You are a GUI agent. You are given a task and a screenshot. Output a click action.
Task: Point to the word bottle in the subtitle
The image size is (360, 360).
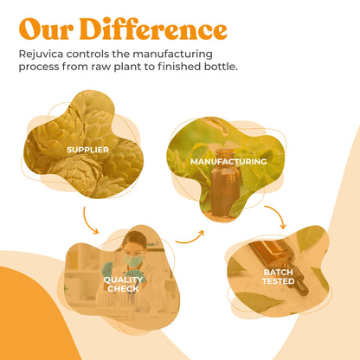215,67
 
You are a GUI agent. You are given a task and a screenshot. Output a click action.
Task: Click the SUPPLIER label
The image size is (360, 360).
88,150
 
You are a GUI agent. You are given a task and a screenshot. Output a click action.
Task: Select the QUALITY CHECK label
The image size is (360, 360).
123,284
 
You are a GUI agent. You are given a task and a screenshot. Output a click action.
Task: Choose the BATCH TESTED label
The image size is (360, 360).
278,276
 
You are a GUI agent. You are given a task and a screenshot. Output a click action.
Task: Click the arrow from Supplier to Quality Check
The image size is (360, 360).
91,220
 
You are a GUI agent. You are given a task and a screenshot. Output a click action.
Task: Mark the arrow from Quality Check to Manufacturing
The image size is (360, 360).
190,236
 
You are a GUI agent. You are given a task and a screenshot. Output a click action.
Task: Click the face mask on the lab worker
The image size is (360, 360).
133,260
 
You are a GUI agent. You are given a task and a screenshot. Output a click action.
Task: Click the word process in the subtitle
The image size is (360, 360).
42,67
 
